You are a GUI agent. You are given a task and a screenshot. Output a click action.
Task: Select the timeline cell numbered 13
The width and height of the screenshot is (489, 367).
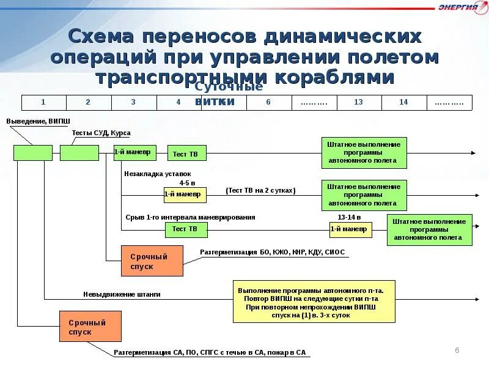click(x=359, y=102)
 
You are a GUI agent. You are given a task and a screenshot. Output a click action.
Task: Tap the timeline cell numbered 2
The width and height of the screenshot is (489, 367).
click(x=89, y=102)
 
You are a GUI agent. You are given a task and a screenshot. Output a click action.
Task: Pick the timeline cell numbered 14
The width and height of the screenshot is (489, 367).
click(x=403, y=102)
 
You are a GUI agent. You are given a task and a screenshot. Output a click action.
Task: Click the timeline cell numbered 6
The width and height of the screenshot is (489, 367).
click(x=268, y=102)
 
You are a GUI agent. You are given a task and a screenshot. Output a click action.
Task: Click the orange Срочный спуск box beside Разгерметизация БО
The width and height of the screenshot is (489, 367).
click(x=152, y=261)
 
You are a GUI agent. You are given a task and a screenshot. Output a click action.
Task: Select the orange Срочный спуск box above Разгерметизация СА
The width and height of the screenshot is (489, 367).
click(x=90, y=327)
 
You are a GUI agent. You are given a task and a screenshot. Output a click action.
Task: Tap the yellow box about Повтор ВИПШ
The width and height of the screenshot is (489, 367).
click(x=314, y=301)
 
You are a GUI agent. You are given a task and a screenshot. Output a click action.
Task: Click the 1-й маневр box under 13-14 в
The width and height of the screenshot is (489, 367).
click(x=349, y=229)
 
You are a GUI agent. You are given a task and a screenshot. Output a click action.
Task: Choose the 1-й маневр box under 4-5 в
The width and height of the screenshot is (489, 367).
click(x=185, y=195)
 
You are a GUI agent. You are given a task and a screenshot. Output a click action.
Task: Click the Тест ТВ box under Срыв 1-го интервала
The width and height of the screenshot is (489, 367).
click(x=186, y=229)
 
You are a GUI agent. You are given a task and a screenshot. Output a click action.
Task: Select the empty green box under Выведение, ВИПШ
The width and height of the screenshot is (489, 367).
click(x=32, y=152)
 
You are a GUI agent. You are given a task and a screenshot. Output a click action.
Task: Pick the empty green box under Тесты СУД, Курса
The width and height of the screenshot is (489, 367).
click(x=79, y=152)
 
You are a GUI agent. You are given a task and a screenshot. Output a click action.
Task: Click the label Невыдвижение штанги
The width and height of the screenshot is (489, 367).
click(x=122, y=294)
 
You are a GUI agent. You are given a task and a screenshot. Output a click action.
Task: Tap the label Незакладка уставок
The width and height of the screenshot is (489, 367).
click(x=157, y=174)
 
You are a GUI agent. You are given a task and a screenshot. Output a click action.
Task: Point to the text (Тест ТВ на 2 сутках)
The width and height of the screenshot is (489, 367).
click(x=260, y=190)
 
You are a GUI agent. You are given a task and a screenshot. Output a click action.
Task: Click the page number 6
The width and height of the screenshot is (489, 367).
click(x=457, y=349)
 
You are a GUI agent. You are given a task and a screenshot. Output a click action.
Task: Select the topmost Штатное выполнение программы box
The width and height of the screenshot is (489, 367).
click(x=363, y=152)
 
